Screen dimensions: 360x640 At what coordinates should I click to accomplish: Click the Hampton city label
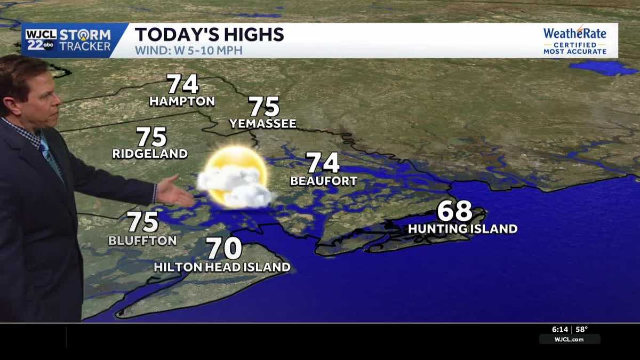[x=182, y=101]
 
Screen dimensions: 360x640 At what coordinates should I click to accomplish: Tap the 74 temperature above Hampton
[x=182, y=84]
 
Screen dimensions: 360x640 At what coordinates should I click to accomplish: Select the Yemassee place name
[x=262, y=124]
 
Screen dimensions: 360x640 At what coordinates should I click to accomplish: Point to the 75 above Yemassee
[x=264, y=107]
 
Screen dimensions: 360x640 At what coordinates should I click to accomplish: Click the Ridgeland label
[x=150, y=154]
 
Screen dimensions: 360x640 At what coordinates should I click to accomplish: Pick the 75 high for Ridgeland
[x=151, y=137]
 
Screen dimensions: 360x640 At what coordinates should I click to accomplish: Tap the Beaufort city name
[x=323, y=181]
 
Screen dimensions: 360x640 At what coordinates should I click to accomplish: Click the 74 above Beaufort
[x=323, y=163]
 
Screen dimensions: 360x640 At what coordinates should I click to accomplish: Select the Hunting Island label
[x=462, y=229]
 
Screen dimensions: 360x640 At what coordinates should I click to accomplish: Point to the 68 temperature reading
[x=454, y=211]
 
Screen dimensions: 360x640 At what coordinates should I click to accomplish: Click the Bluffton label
[x=142, y=241]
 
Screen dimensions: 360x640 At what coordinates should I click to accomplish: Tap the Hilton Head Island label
[x=222, y=267]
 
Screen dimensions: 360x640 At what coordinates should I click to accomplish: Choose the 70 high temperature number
[x=224, y=249]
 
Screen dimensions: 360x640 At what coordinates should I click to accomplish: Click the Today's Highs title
[x=209, y=35]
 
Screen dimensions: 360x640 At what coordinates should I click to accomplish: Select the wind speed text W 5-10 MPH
[x=189, y=51]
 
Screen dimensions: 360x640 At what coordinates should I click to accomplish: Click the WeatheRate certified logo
[x=574, y=41]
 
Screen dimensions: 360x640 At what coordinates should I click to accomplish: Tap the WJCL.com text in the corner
[x=569, y=339]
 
